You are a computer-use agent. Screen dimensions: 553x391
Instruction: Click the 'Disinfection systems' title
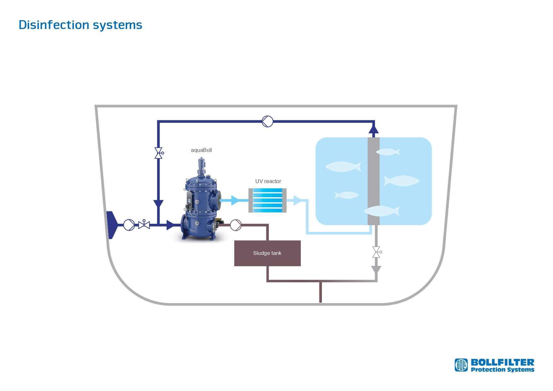click(x=80, y=25)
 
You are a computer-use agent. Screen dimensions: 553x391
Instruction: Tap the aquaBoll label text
click(x=201, y=150)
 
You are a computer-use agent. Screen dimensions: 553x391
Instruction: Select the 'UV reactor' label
click(x=268, y=181)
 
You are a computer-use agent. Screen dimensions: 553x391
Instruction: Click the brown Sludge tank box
click(x=267, y=253)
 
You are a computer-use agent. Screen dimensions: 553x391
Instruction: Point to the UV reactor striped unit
click(x=267, y=200)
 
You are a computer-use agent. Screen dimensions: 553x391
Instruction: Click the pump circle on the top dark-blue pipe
click(x=267, y=121)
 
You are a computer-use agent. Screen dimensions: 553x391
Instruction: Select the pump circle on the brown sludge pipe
click(x=236, y=225)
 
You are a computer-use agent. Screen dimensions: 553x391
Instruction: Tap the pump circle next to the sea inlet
click(x=129, y=225)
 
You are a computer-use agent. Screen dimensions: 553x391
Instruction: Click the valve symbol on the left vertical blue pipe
click(x=159, y=153)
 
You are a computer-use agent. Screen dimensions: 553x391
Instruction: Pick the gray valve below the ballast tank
click(x=376, y=252)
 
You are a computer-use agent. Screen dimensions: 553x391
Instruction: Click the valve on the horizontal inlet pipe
click(x=144, y=224)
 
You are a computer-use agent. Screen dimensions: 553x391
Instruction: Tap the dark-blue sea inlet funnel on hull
click(x=112, y=225)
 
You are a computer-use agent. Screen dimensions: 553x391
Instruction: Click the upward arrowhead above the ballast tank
click(x=374, y=129)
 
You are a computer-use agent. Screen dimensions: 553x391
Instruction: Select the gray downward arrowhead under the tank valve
click(x=376, y=270)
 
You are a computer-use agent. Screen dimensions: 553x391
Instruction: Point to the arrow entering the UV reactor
click(x=235, y=200)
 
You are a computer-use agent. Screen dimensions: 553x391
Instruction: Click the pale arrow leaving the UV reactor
click(x=297, y=200)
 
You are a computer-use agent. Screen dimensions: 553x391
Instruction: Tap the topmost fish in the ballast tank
click(x=388, y=152)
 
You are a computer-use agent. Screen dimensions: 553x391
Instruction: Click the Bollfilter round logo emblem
click(x=461, y=365)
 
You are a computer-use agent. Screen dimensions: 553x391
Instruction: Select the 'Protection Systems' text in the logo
click(x=503, y=370)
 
